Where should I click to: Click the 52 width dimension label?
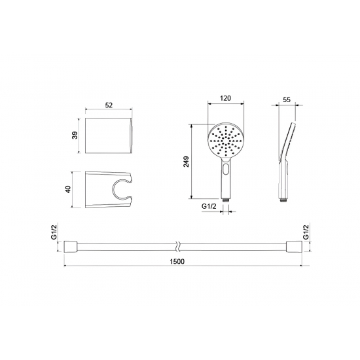(109, 105)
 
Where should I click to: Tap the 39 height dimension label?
(75, 135)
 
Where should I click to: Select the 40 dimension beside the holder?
(68, 189)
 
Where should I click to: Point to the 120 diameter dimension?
(225, 98)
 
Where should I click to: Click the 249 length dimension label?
(186, 162)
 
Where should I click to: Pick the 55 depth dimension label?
(287, 99)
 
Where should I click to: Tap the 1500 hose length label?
(177, 262)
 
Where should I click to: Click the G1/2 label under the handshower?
(209, 206)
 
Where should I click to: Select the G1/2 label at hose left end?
(54, 232)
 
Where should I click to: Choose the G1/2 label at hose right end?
(306, 232)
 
